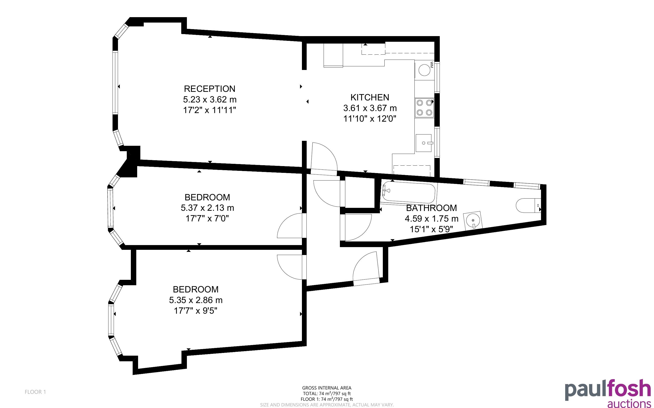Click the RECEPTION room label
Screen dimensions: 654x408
[x=210, y=89]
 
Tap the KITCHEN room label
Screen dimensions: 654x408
[x=370, y=97]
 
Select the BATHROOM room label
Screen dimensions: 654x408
[x=431, y=208]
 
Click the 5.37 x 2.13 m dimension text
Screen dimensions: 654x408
[x=207, y=208]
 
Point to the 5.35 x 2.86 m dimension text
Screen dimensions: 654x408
[x=196, y=300]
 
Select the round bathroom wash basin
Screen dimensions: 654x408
[x=473, y=221]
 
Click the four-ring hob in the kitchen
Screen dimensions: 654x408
[x=424, y=107]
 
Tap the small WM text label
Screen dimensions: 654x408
[x=432, y=65]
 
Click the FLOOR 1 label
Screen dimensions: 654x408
[x=35, y=392]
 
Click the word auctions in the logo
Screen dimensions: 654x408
[x=629, y=403]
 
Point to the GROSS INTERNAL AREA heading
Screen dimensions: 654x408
[x=327, y=388]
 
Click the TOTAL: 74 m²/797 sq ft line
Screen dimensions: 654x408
[x=327, y=394]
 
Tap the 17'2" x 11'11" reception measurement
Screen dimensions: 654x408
[x=210, y=110]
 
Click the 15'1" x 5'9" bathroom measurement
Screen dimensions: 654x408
[x=431, y=229]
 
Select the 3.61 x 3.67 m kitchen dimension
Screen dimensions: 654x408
[x=370, y=108]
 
